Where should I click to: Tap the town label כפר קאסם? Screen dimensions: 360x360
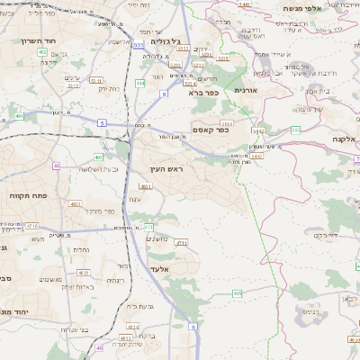pyautogui.click(x=210, y=130)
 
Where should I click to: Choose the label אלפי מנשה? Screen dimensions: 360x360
pyautogui.click(x=332, y=9)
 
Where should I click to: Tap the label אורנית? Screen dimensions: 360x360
pyautogui.click(x=246, y=91)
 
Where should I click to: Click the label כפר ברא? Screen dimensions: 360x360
pyautogui.click(x=203, y=93)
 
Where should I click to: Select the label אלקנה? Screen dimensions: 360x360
pyautogui.click(x=343, y=139)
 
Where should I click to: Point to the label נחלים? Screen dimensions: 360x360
pyautogui.click(x=80, y=249)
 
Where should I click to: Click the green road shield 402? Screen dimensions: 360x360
pyautogui.click(x=42, y=52)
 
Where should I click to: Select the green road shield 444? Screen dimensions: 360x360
pyautogui.click(x=139, y=83)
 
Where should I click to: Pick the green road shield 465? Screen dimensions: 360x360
pyautogui.click(x=237, y=293)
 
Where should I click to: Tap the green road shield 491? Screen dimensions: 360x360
pyautogui.click(x=19, y=116)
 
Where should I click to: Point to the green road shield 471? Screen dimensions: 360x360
pyautogui.click(x=149, y=227)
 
